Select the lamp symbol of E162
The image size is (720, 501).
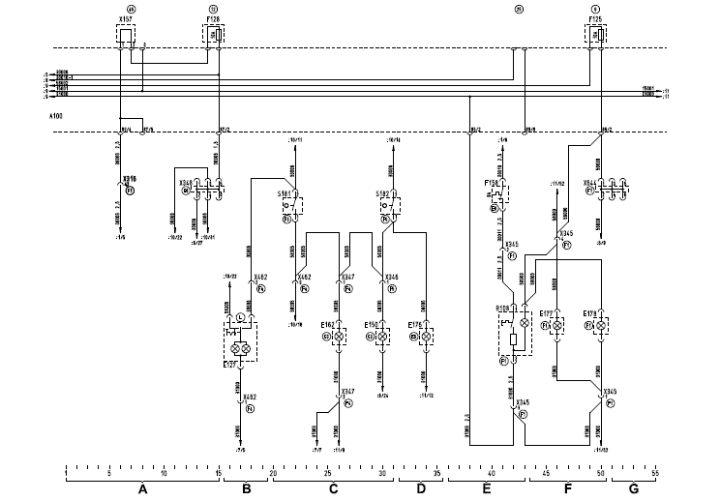coord(340,336)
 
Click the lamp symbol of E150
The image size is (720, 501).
coord(382,336)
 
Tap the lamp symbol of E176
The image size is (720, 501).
coord(425,336)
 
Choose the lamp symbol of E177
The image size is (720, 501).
coord(557,326)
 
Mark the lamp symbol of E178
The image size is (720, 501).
coord(600,326)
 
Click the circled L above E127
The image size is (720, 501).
coord(239,317)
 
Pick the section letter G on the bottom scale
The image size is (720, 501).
coord(634,489)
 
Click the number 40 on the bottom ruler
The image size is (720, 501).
coord(492,473)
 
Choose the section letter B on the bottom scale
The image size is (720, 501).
coord(246,489)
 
